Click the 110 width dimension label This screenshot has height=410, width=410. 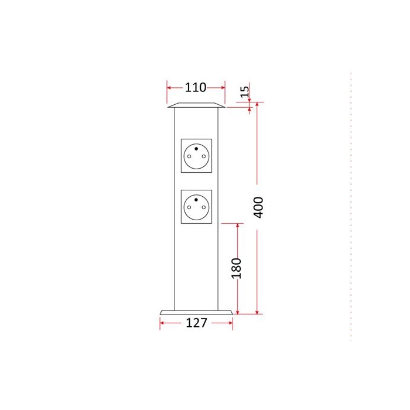[196, 87]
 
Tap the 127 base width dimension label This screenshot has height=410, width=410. [196, 323]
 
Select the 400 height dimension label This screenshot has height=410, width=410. [258, 207]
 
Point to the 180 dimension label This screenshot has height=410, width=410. [237, 268]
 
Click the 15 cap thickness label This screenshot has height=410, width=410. [245, 92]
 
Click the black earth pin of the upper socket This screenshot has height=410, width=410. [196, 149]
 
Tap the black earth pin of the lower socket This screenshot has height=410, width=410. [196, 200]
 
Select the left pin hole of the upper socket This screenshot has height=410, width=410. [189, 156]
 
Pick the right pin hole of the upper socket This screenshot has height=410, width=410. [204, 156]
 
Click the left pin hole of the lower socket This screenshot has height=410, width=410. [189, 207]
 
